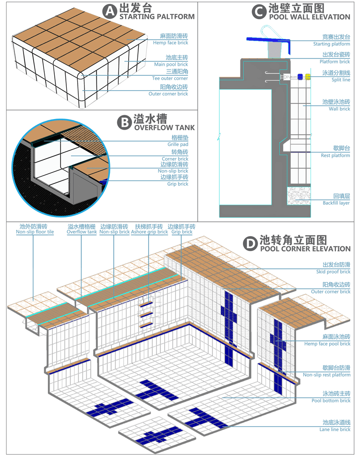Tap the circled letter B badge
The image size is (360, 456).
(124, 123)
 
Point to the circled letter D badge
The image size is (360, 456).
(250, 243)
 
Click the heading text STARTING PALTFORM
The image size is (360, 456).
(157, 16)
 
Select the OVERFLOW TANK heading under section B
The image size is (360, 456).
(165, 128)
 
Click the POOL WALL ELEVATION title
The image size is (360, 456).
(310, 17)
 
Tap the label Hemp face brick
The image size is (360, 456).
(170, 43)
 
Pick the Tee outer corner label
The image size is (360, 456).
(170, 78)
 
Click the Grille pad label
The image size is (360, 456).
(178, 144)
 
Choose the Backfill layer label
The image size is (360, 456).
(336, 203)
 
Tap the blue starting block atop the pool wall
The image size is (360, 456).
(269, 41)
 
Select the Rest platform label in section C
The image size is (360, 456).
(336, 156)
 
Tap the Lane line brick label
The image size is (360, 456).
(335, 430)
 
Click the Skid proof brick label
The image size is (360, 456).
(333, 272)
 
